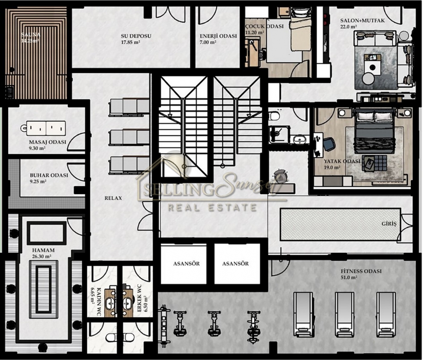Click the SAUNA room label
31,35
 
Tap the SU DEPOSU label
136,36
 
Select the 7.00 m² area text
208,42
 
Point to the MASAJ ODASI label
48,142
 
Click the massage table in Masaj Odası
43,128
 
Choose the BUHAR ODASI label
49,175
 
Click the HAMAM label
43,250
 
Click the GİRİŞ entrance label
389,224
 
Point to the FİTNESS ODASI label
361,271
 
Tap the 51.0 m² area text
349,278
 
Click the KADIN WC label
99,302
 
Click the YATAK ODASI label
342,161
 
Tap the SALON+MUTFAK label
362,20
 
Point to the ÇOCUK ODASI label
264,26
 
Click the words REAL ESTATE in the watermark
212,207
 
